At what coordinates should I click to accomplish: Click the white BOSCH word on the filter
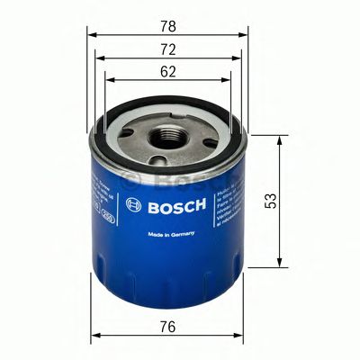pos(176,204)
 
